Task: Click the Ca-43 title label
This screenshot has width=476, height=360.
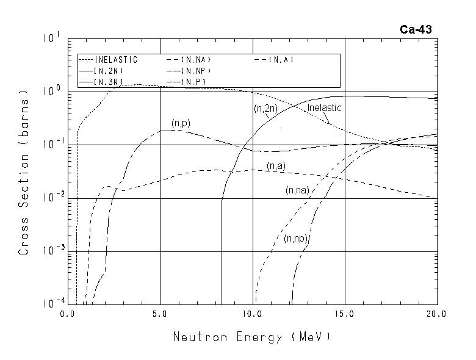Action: coord(416,29)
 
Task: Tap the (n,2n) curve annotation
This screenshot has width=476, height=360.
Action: coord(265,109)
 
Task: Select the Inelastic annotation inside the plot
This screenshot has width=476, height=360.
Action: coord(324,108)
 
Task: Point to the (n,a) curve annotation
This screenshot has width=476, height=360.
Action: coord(276,165)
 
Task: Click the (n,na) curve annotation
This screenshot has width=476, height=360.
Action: coord(297,190)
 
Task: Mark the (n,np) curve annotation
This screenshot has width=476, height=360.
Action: coord(295,239)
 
